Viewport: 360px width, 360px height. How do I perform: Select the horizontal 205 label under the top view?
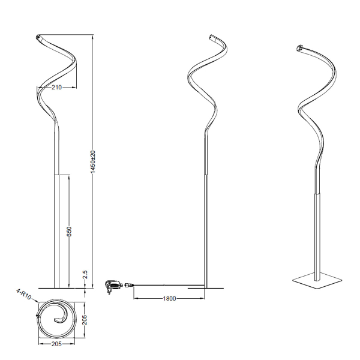pyautogui.click(x=56, y=344)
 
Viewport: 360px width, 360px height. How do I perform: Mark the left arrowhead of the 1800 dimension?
pyautogui.click(x=134, y=298)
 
